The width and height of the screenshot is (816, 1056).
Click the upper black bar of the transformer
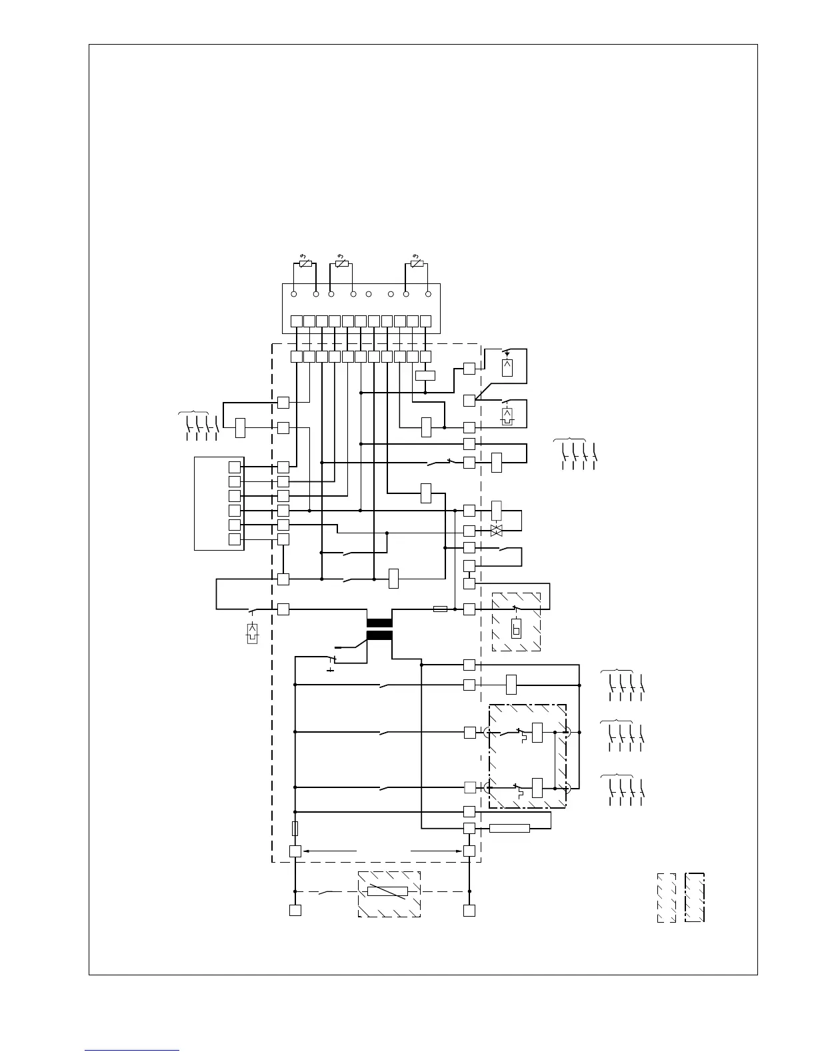(x=379, y=623)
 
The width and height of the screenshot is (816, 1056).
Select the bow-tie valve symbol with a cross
(x=496, y=531)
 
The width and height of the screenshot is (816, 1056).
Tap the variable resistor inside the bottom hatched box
(x=387, y=892)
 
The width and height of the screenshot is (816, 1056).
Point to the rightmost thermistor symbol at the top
(x=417, y=264)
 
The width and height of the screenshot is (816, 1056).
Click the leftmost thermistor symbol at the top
(x=305, y=264)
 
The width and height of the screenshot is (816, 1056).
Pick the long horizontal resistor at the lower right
(x=509, y=828)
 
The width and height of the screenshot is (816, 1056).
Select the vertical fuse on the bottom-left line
(x=295, y=829)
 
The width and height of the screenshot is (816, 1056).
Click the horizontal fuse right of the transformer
(x=440, y=609)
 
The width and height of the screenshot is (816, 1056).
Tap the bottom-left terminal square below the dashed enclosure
(x=295, y=910)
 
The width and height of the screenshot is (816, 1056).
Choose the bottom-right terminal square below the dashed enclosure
(x=469, y=910)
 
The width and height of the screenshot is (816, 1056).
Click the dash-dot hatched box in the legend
(x=695, y=897)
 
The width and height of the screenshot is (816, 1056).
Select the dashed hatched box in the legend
(x=667, y=897)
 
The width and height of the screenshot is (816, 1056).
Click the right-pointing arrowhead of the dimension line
(x=459, y=851)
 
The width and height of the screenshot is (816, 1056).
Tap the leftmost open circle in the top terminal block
(x=294, y=294)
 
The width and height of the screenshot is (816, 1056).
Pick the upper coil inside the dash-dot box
(x=537, y=732)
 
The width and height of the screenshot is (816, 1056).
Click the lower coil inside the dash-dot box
(x=537, y=787)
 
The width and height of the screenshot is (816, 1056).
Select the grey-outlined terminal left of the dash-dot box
(x=469, y=787)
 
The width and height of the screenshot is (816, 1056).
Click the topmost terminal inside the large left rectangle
(x=234, y=467)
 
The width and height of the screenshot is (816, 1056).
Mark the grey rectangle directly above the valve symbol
(x=496, y=510)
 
